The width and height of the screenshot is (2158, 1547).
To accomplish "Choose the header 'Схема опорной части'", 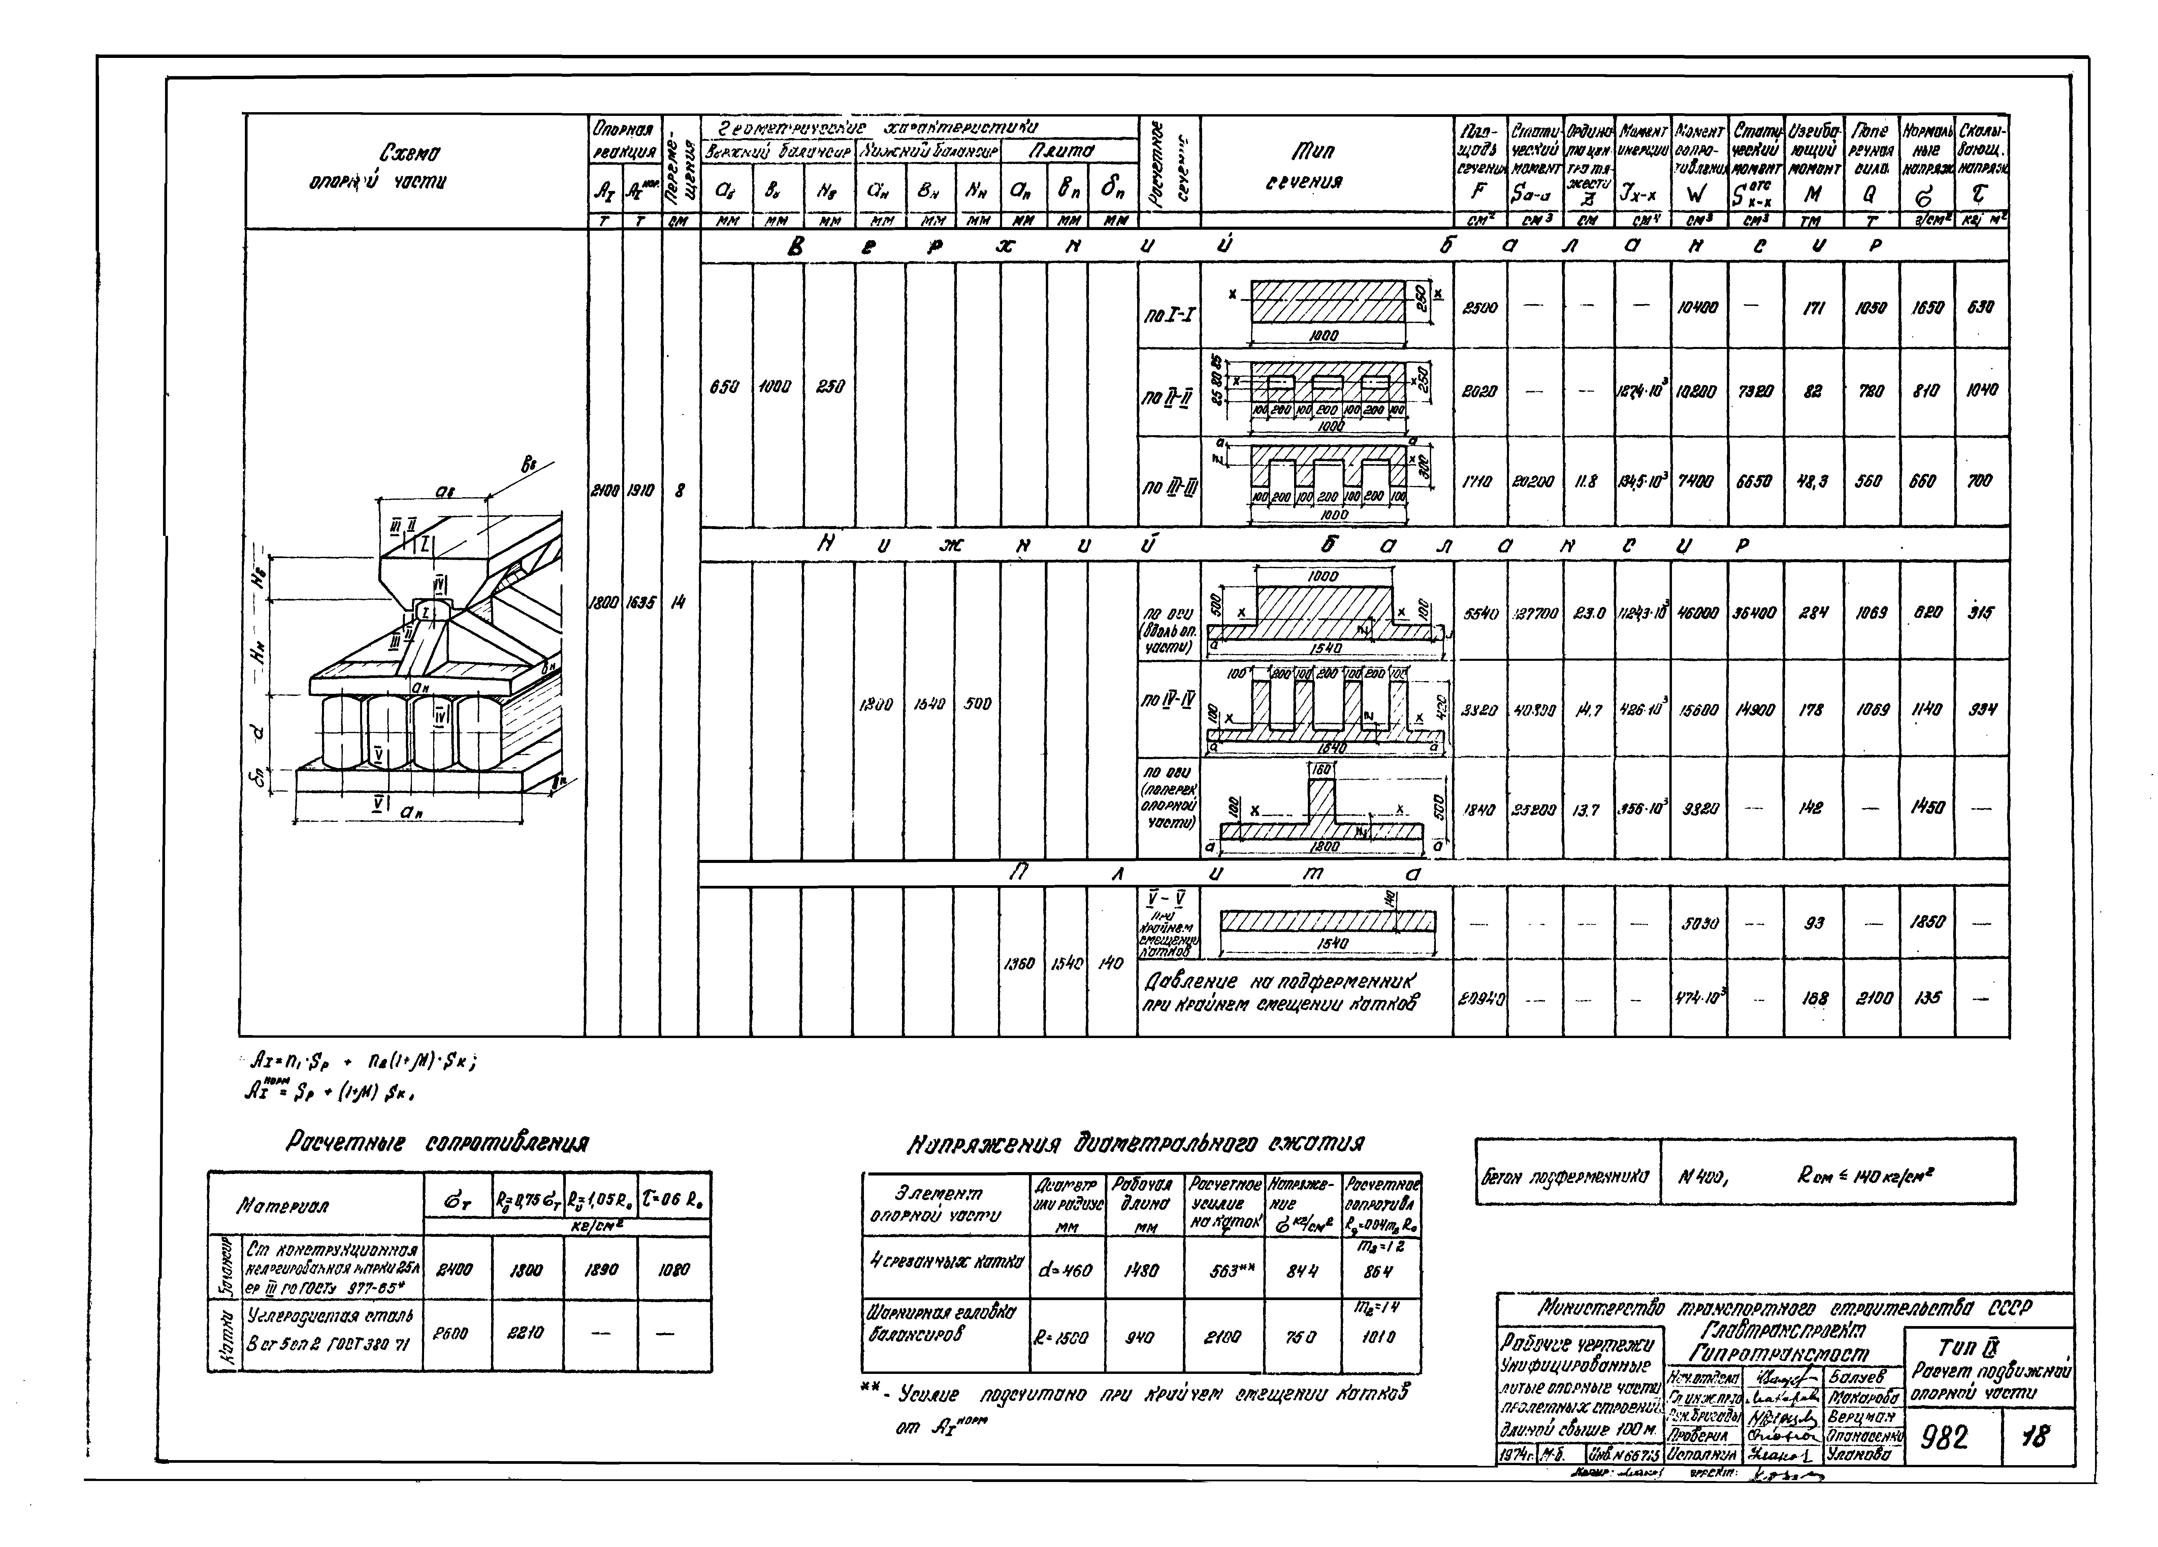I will point(411,167).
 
